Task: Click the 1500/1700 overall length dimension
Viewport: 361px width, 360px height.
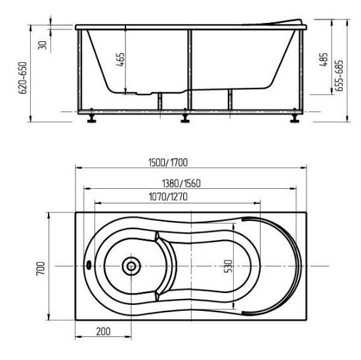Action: coord(168,163)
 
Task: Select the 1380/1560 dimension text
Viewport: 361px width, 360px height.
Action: coord(181,184)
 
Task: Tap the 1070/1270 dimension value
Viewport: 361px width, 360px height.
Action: coord(168,197)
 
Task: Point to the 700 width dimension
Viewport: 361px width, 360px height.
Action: coord(41,268)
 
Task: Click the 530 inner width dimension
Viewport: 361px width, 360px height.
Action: coord(228,266)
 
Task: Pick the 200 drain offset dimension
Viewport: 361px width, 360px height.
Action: coord(103,332)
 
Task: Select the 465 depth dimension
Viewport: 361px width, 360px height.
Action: coord(120,60)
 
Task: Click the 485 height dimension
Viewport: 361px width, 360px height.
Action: coord(324,60)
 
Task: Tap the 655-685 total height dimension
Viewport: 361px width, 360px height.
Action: coord(339,75)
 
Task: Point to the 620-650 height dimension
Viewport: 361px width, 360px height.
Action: coord(22,78)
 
